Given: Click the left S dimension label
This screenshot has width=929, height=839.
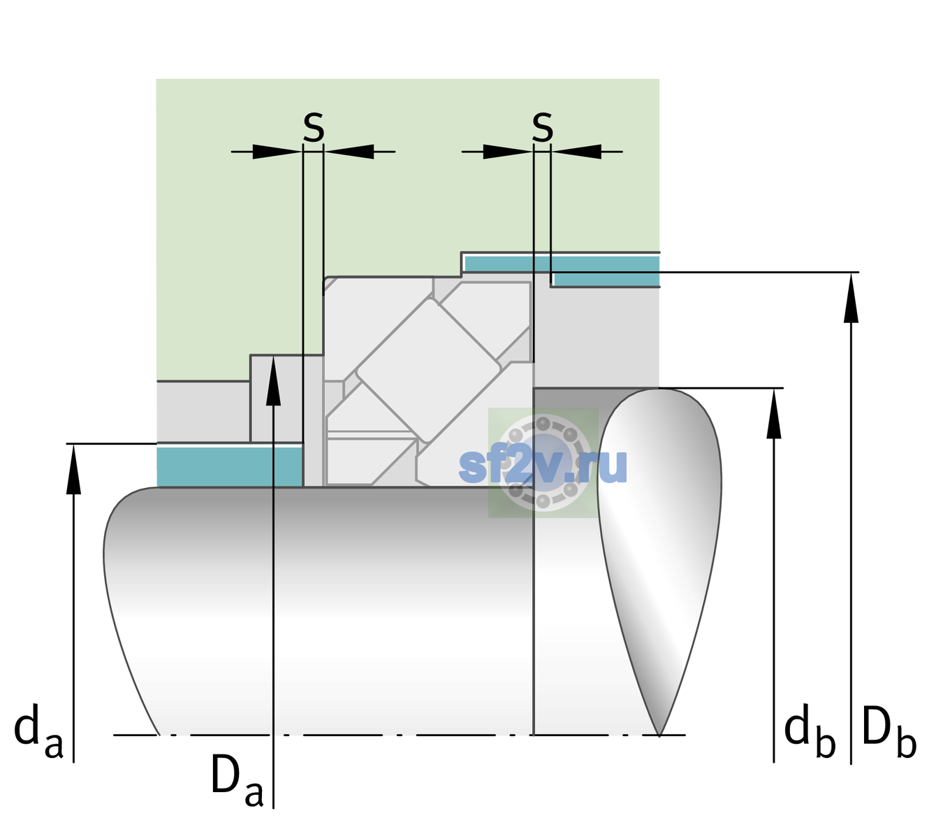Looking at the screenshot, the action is click(314, 127).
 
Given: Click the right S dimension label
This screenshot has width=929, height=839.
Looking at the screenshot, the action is click(542, 127).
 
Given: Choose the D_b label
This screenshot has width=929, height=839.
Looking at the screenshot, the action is click(888, 733).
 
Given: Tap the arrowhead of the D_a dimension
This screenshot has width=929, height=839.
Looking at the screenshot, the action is click(273, 380).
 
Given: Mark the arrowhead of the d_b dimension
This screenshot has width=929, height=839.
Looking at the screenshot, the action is click(773, 413).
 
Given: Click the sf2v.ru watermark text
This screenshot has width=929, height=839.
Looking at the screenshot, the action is click(542, 465).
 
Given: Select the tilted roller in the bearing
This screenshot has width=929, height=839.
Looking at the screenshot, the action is click(428, 371).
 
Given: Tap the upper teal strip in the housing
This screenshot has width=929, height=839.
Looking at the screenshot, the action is click(562, 271).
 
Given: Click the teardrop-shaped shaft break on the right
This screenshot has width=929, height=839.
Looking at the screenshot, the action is click(659, 561).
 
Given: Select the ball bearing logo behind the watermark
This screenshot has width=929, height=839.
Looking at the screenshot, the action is click(543, 463).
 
